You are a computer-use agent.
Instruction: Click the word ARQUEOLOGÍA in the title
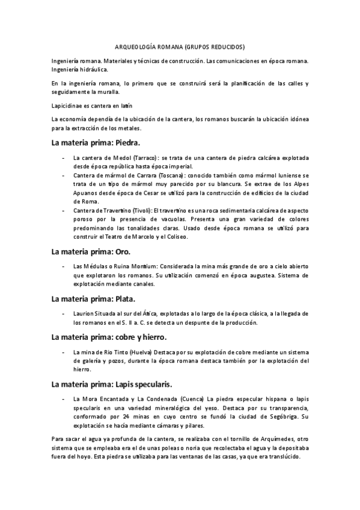click(135, 46)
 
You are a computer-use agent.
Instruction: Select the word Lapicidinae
click(67, 106)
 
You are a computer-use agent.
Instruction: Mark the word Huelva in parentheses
click(138, 351)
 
